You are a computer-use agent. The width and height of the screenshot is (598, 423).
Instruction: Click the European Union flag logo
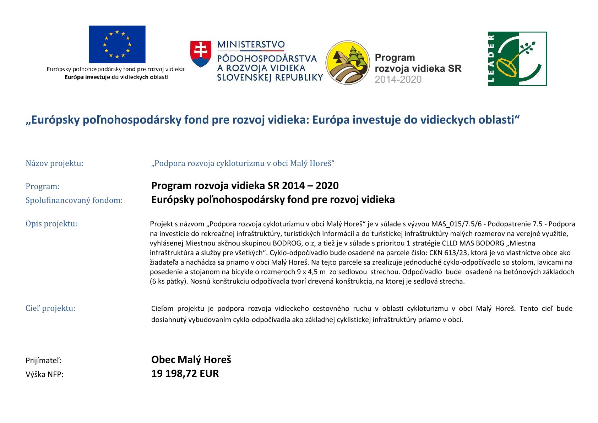[117, 44]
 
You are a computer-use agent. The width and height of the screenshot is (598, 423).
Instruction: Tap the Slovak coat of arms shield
[201, 54]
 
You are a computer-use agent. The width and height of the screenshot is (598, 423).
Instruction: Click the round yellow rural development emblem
[348, 63]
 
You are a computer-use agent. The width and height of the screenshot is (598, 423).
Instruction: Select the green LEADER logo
[517, 59]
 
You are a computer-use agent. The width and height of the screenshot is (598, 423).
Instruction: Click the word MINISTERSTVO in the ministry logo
[251, 45]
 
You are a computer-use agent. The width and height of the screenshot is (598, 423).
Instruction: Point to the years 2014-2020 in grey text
[398, 80]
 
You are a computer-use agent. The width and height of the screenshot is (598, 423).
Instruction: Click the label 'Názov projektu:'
[54, 163]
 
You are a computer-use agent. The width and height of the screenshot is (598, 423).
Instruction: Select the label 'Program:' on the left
[43, 186]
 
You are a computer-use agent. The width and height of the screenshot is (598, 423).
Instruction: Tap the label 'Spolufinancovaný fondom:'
[74, 200]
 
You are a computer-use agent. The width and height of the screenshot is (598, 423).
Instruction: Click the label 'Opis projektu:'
[51, 224]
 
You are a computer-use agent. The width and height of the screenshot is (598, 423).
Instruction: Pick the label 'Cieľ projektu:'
[50, 308]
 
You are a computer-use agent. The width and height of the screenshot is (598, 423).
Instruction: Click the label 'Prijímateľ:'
[43, 360]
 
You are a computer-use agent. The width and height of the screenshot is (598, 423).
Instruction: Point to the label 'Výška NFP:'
[44, 374]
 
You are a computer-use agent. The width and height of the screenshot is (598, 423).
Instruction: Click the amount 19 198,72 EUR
[185, 374]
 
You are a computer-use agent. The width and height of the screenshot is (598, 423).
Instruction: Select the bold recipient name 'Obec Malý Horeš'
[191, 360]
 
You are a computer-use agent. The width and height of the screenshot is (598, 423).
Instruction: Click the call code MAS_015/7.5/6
[456, 224]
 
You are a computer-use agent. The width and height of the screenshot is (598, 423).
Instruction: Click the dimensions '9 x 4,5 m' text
[311, 272]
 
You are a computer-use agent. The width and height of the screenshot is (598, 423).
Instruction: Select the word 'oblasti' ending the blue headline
[499, 120]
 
